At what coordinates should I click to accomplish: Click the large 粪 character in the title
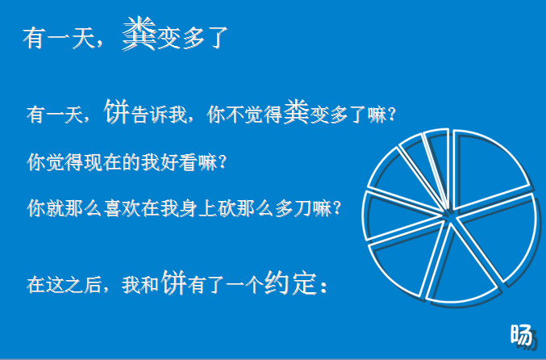[x=140, y=34]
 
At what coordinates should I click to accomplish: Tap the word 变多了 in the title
[x=193, y=38]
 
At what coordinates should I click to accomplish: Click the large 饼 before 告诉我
[x=117, y=111]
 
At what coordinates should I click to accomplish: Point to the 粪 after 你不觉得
[x=297, y=111]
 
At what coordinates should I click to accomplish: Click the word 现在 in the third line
[x=102, y=162]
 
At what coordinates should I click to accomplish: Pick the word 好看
[x=178, y=162]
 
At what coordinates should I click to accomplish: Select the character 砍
[x=227, y=208]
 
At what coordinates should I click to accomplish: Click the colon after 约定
[x=324, y=287]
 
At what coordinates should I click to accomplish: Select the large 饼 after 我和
[x=174, y=283]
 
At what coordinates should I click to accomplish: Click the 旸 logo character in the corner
[x=522, y=336]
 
